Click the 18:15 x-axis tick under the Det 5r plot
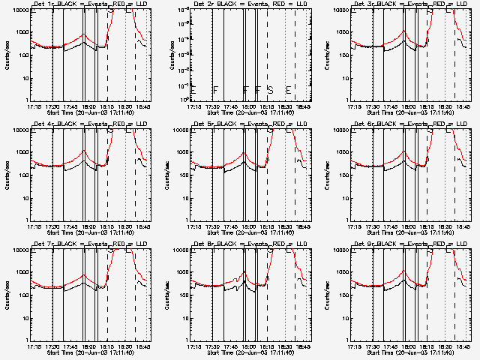coord(267,226)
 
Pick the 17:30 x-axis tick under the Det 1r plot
coord(51,106)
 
